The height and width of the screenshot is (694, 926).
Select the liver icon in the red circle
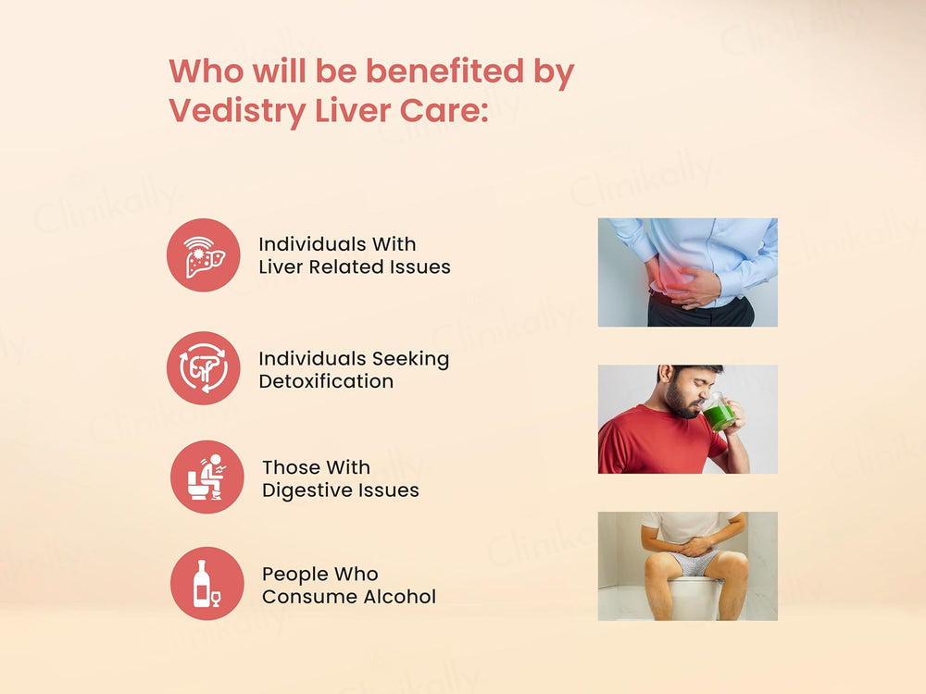(x=204, y=255)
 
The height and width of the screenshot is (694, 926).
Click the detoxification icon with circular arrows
(x=204, y=368)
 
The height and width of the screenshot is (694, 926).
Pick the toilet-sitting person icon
(x=206, y=477)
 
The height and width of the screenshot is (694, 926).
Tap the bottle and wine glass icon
(x=206, y=583)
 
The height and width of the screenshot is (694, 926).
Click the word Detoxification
(x=326, y=381)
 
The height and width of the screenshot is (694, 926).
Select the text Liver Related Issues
(x=355, y=267)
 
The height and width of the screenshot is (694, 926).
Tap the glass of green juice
(x=720, y=414)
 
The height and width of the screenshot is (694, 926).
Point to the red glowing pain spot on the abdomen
(x=674, y=273)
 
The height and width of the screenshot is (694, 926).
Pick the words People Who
(x=320, y=574)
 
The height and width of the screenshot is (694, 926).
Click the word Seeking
(x=410, y=359)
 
